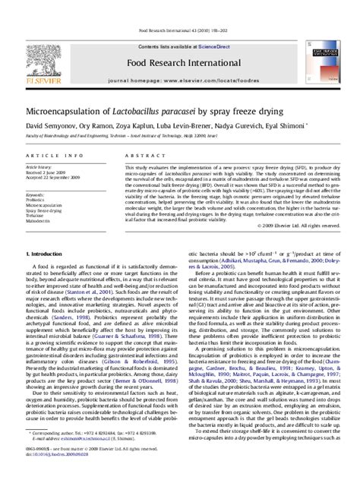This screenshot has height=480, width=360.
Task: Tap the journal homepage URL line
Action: point(180,58)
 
